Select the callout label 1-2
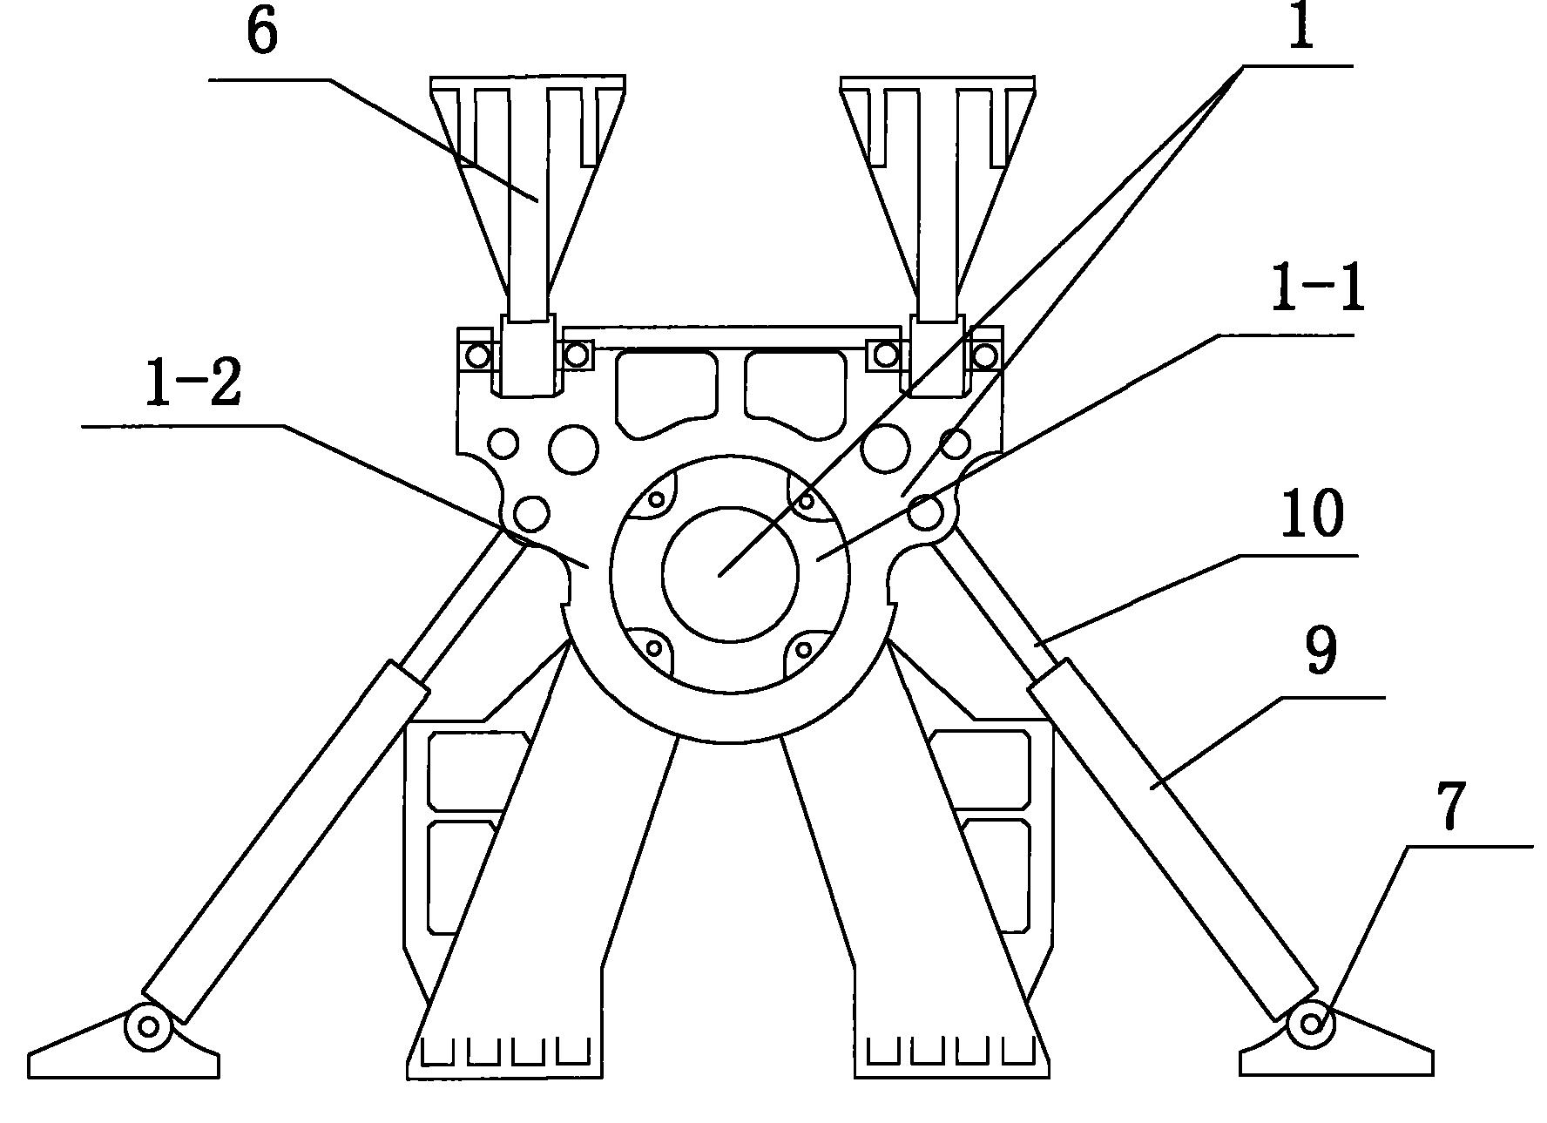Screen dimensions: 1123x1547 [193, 384]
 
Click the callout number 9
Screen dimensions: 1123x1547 [1321, 652]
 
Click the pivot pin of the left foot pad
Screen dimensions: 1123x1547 [149, 1026]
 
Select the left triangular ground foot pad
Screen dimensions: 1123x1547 [122, 1050]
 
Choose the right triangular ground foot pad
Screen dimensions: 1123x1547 [1337, 1050]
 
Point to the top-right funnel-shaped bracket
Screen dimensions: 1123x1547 [938, 174]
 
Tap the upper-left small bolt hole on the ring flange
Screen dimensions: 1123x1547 [657, 500]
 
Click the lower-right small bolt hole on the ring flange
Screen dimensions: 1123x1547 [803, 649]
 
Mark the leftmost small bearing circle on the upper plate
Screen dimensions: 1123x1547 [478, 355]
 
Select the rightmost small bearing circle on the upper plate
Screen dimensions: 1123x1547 [984, 355]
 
